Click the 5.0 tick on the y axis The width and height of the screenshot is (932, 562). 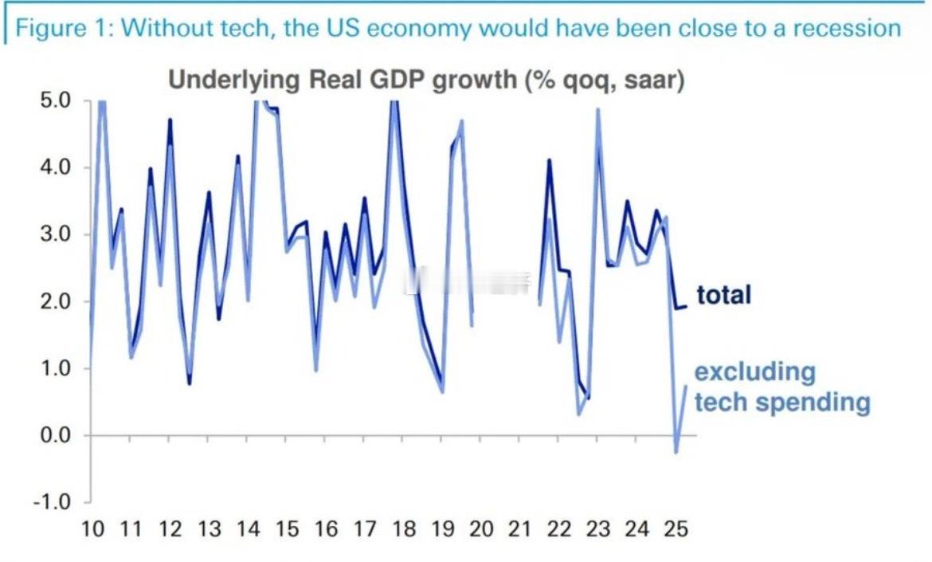pyautogui.click(x=55, y=101)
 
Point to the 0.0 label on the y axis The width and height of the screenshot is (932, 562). pyautogui.click(x=55, y=436)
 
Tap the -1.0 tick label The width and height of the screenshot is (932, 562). pyautogui.click(x=53, y=503)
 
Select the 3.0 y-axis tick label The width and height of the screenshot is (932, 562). pyautogui.click(x=55, y=235)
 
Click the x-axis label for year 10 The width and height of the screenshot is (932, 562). pyautogui.click(x=92, y=529)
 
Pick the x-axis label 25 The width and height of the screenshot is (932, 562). pyautogui.click(x=676, y=529)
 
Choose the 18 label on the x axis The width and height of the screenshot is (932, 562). pyautogui.click(x=403, y=529)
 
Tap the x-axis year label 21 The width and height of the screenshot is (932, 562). pyautogui.click(x=520, y=529)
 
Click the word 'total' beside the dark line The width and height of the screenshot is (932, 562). pyautogui.click(x=723, y=295)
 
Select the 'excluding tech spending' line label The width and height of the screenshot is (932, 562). pyautogui.click(x=781, y=387)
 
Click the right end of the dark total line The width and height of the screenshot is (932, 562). pyautogui.click(x=686, y=307)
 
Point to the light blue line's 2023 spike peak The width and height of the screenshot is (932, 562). pyautogui.click(x=597, y=109)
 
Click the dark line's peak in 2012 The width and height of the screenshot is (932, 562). pyautogui.click(x=170, y=120)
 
